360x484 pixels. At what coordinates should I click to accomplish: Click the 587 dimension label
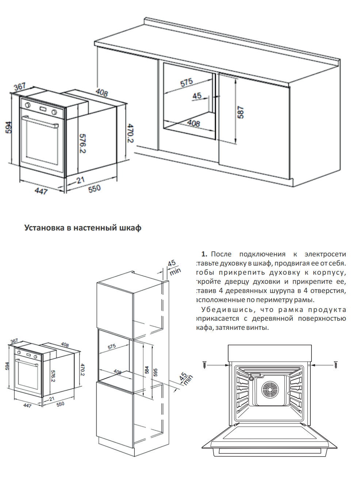(240, 112)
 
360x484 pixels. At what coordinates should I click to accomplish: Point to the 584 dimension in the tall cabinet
(147, 370)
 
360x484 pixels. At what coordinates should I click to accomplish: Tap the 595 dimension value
(156, 372)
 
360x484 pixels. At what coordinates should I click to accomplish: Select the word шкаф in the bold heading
(130, 228)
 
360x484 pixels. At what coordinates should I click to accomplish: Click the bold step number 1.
(204, 254)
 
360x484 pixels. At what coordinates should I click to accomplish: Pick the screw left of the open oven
(204, 365)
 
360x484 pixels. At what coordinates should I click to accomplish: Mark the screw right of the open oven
(336, 365)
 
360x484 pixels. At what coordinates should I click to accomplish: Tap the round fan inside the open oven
(270, 390)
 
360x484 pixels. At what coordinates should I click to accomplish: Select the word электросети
(325, 254)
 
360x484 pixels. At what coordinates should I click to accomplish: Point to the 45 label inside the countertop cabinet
(197, 96)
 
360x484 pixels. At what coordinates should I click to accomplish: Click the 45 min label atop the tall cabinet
(173, 267)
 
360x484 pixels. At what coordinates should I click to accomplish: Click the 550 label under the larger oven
(94, 188)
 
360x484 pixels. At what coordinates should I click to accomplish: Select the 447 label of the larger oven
(41, 191)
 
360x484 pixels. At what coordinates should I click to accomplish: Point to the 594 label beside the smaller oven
(7, 366)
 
